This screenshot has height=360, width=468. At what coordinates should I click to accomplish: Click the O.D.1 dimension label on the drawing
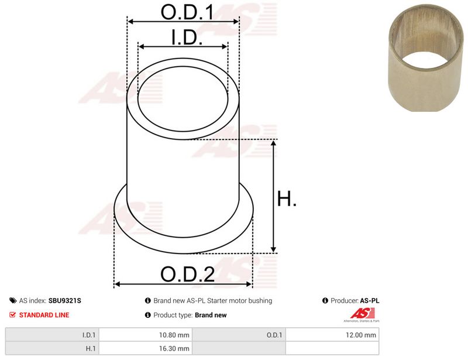click(x=187, y=12)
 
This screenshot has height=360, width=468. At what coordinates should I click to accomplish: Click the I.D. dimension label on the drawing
click(x=187, y=37)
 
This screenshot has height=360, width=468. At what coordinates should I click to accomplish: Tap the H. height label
click(x=287, y=198)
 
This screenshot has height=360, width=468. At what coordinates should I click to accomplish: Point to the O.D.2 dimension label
click(x=187, y=275)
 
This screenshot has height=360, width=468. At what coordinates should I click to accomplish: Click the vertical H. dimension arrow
click(x=273, y=196)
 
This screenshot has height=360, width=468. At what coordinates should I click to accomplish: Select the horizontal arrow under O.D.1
click(x=183, y=22)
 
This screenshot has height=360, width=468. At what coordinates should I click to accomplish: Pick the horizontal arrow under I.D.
click(x=183, y=47)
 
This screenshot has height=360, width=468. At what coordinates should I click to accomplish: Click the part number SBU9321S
click(x=64, y=300)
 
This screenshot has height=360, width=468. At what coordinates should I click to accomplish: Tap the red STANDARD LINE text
click(x=44, y=315)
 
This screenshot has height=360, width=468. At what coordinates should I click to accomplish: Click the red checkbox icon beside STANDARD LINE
click(x=12, y=314)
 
